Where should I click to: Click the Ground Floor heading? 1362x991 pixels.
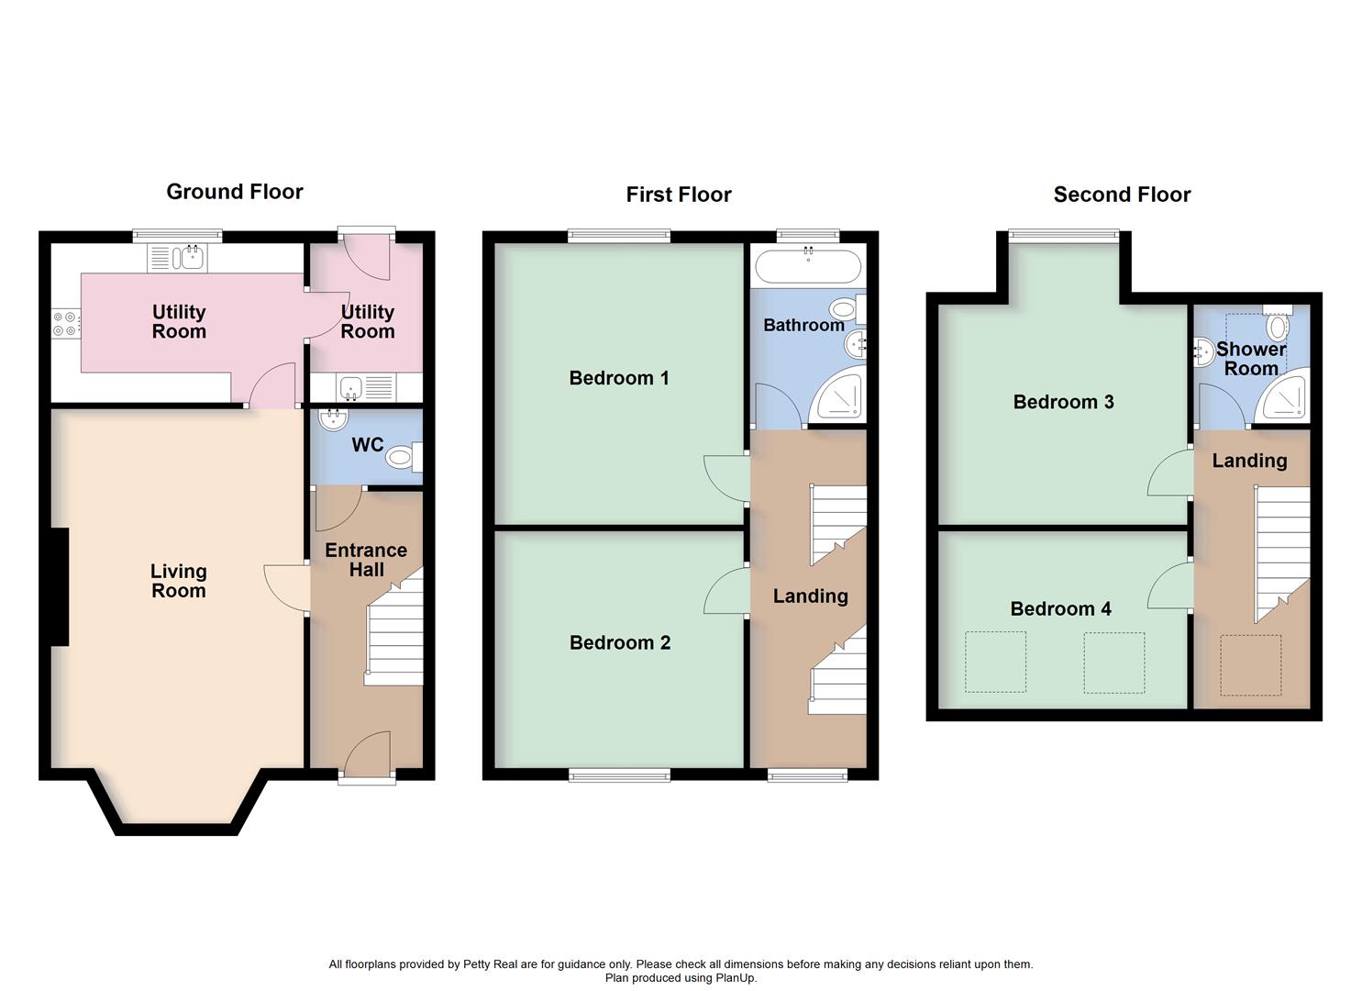coord(235,192)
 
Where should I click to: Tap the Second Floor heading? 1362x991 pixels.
coord(1122,195)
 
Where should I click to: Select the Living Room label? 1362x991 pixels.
coord(179,581)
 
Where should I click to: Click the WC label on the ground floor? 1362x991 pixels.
coord(368,445)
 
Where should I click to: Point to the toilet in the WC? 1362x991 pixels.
coord(404,456)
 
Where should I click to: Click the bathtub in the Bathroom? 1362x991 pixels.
coord(807,267)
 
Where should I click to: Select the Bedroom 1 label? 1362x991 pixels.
coord(619,378)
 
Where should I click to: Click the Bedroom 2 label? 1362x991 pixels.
coord(620,642)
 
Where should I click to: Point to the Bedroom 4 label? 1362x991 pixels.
coord(1060,608)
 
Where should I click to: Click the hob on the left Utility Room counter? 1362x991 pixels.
coord(66,323)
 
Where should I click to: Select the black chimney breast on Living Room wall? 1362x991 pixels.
coord(59,587)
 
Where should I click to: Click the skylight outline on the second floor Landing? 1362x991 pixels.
coord(1250,665)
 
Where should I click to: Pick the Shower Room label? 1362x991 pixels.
coord(1251,359)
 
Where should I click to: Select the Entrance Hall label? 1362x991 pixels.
coord(366,560)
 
